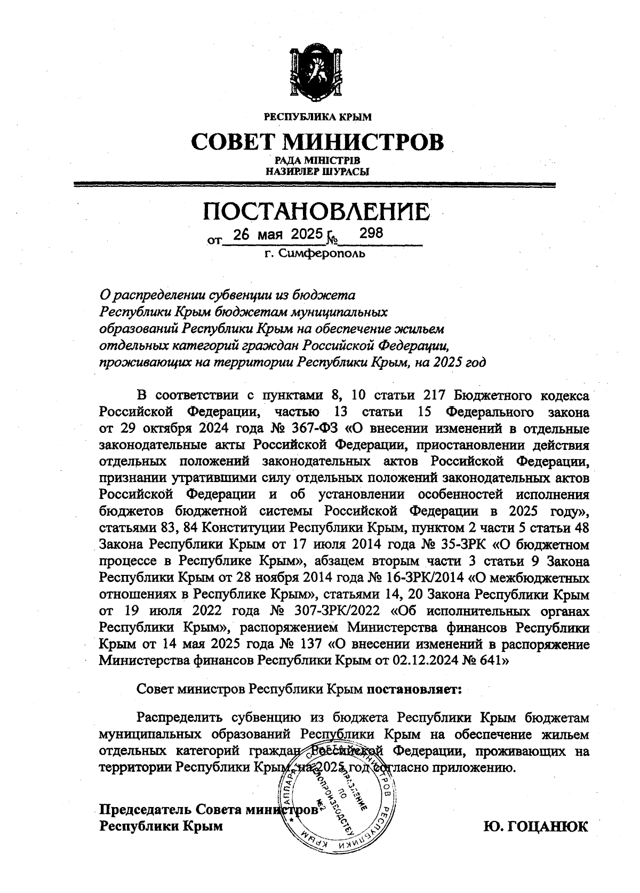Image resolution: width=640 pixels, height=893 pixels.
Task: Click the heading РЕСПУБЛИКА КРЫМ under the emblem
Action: coord(318,116)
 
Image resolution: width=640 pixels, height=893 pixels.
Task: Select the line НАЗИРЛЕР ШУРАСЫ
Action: coord(318,171)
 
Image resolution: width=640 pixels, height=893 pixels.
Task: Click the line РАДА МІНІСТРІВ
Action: coord(318,160)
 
